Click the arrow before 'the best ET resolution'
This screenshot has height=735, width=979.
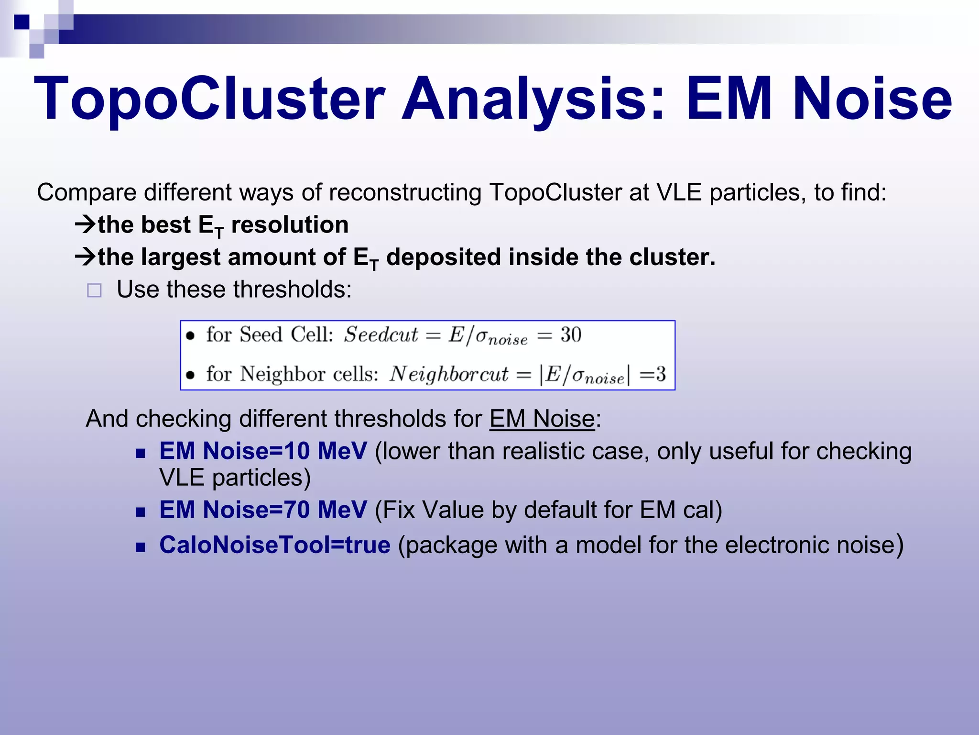coord(86,224)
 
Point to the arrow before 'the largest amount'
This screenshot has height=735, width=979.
coord(86,257)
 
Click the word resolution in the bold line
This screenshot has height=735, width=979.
coord(290,225)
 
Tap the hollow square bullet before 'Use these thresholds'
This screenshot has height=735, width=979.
coord(94,290)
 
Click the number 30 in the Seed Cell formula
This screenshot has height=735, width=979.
coord(571,334)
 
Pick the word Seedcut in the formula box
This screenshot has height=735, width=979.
coord(381,334)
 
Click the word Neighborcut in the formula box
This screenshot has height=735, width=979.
coord(448,374)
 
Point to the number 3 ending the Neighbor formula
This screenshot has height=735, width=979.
coord(661,374)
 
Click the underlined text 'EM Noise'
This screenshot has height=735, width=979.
coord(542,419)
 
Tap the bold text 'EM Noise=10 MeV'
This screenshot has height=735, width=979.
coord(263,451)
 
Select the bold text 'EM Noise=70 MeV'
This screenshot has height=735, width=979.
coord(263,509)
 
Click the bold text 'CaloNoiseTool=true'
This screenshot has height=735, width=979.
coord(275,545)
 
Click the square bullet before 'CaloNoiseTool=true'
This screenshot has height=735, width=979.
coord(140,547)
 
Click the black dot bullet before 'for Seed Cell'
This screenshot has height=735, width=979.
coord(190,335)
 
